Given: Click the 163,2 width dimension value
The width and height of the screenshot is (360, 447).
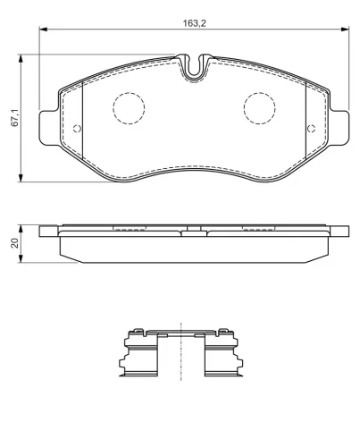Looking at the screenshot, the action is click(194, 23).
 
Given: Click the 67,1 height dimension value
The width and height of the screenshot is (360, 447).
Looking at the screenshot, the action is click(15, 118).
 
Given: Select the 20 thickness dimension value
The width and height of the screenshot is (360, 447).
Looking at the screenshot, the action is click(14, 243).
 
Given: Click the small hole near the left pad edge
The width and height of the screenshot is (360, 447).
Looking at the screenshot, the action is click(77, 129).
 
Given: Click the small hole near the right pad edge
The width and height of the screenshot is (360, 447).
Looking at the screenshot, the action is click(311, 129).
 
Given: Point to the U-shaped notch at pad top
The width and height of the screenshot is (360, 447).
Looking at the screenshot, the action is click(194, 74).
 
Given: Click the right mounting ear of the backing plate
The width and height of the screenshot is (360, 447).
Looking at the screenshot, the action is click(339, 128).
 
